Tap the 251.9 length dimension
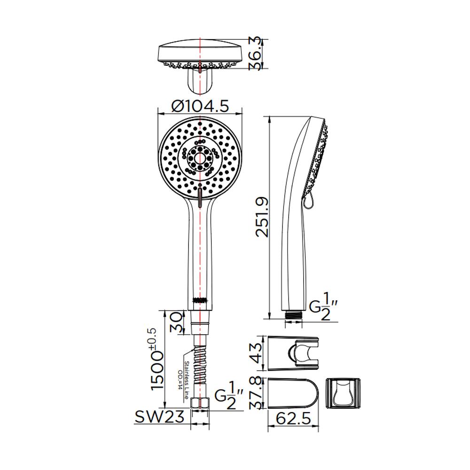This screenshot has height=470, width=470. click(261, 217)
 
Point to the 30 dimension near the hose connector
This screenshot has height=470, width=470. click(177, 322)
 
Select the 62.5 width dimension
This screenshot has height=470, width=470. click(294, 418)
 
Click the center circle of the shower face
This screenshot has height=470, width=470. click(201, 157)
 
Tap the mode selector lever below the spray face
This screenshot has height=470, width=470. click(201, 197)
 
